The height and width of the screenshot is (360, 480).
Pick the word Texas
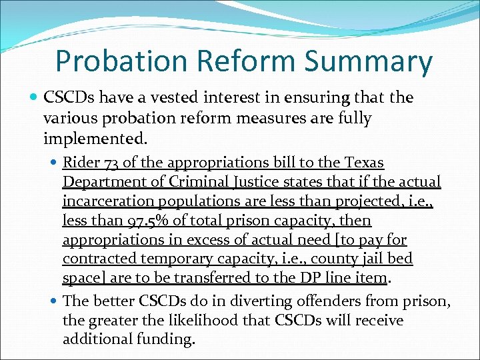point(365,163)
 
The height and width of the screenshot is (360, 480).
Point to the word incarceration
point(103,201)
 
